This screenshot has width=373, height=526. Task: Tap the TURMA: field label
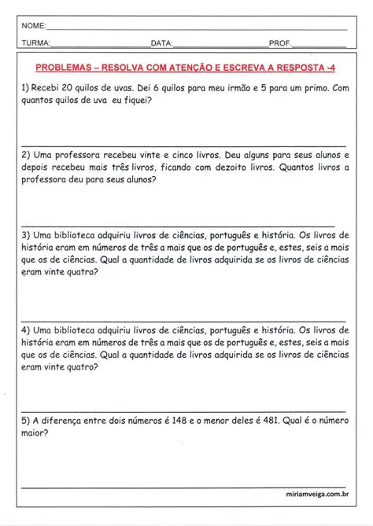38,43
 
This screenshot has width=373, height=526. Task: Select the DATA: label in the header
161,43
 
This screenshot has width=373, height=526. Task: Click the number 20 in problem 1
67,89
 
